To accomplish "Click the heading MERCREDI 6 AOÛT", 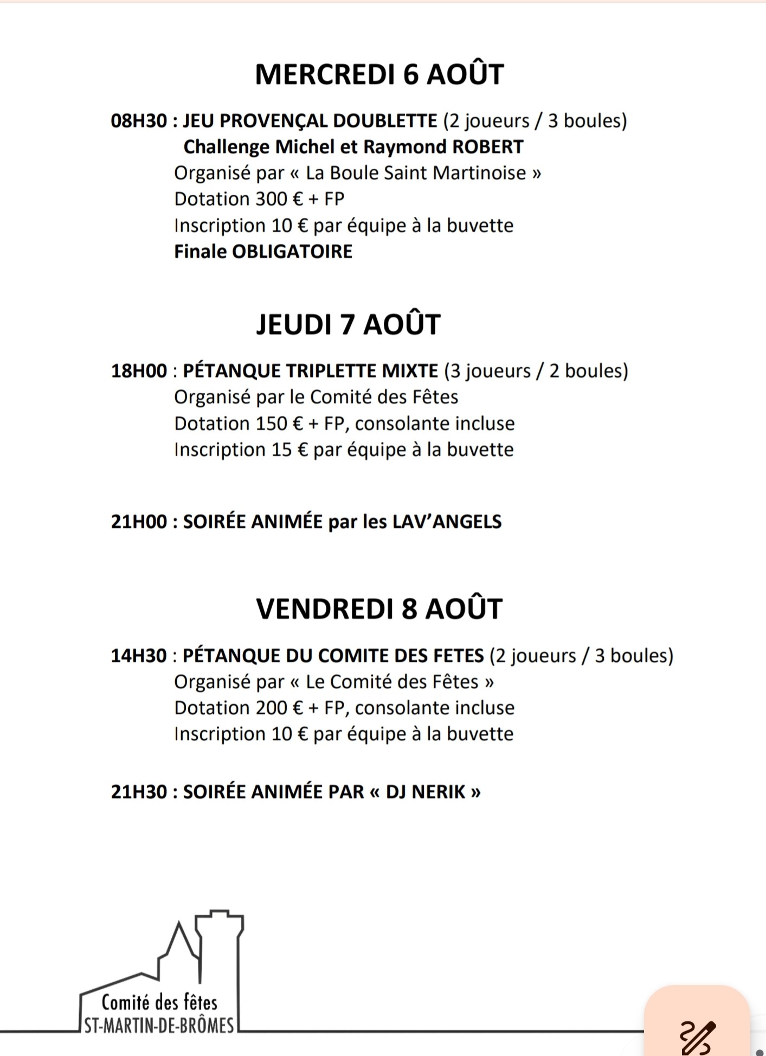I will coord(379,74).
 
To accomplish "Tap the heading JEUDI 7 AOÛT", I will coord(348,324).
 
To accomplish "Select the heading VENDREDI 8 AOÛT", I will coord(379,609).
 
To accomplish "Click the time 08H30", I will coord(139,120).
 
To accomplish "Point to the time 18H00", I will coord(139,371).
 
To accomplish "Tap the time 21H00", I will coord(139,522).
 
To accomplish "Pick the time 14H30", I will coord(139,656).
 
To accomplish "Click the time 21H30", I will coord(139,792).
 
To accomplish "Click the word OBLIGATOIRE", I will coord(292,252).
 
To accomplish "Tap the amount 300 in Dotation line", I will coord(271,199).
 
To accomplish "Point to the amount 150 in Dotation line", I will coord(271,424).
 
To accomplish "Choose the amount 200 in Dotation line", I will coord(271,708).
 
